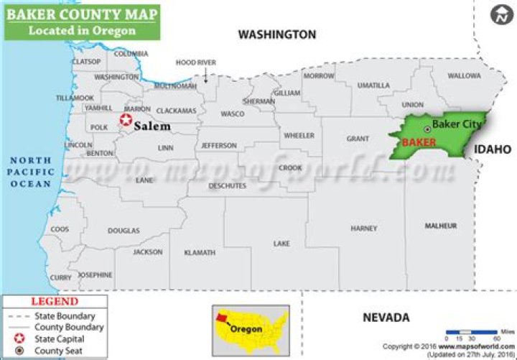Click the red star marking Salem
[126, 121]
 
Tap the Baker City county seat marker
[427, 129]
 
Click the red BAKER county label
[419, 142]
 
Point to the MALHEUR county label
[440, 226]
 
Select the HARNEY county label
[363, 229]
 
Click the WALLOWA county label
[464, 75]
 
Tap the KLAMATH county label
[199, 253]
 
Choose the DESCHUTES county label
[228, 185]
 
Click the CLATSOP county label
[86, 62]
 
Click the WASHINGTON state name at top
[277, 34]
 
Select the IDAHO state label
[492, 149]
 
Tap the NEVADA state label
[386, 317]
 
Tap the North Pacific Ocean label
[30, 172]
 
